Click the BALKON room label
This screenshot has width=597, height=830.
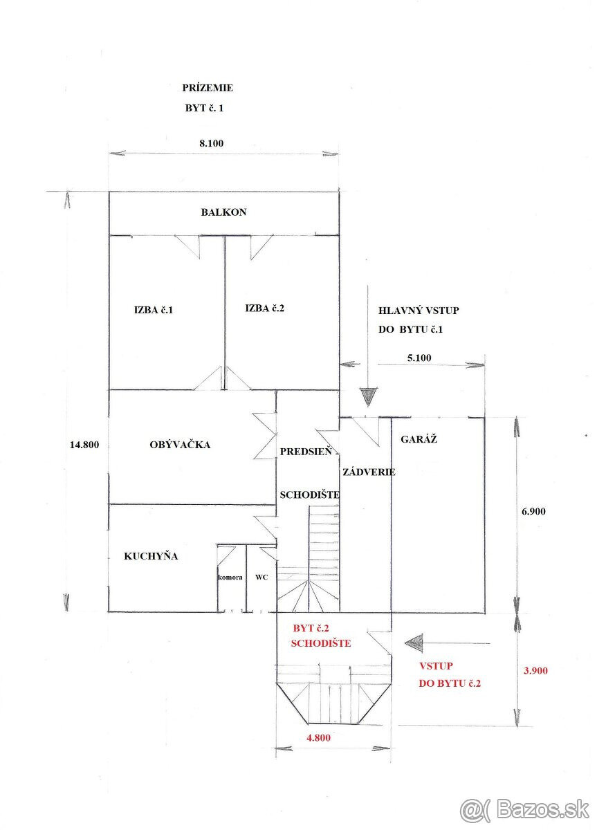tap(223, 212)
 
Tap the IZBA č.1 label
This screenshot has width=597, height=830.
tap(154, 310)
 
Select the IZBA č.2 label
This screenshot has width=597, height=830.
tap(264, 308)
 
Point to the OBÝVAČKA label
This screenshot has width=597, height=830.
tap(180, 444)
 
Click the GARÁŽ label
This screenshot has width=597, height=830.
tap(419, 439)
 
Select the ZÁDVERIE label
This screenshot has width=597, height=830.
tap(369, 472)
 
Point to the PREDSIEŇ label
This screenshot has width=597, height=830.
tap(306, 451)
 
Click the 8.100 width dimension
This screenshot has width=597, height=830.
tap(211, 143)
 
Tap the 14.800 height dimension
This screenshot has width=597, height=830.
tap(84, 445)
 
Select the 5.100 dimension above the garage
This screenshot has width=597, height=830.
tap(419, 358)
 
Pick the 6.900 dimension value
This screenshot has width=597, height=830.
tap(533, 511)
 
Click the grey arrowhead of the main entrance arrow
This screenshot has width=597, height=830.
tap(368, 397)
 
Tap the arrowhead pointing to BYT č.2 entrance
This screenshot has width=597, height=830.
tap(414, 643)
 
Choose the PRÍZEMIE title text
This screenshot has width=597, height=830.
tap(208, 88)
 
